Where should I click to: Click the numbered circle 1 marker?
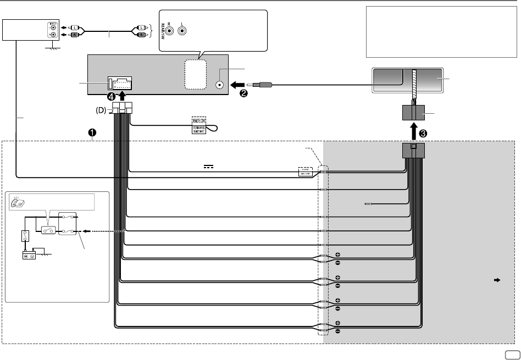92,132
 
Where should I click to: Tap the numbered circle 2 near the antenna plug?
243,93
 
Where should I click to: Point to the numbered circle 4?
112,96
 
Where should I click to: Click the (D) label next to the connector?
99,110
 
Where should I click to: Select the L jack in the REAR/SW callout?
182,31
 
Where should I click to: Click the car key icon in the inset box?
16,202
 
